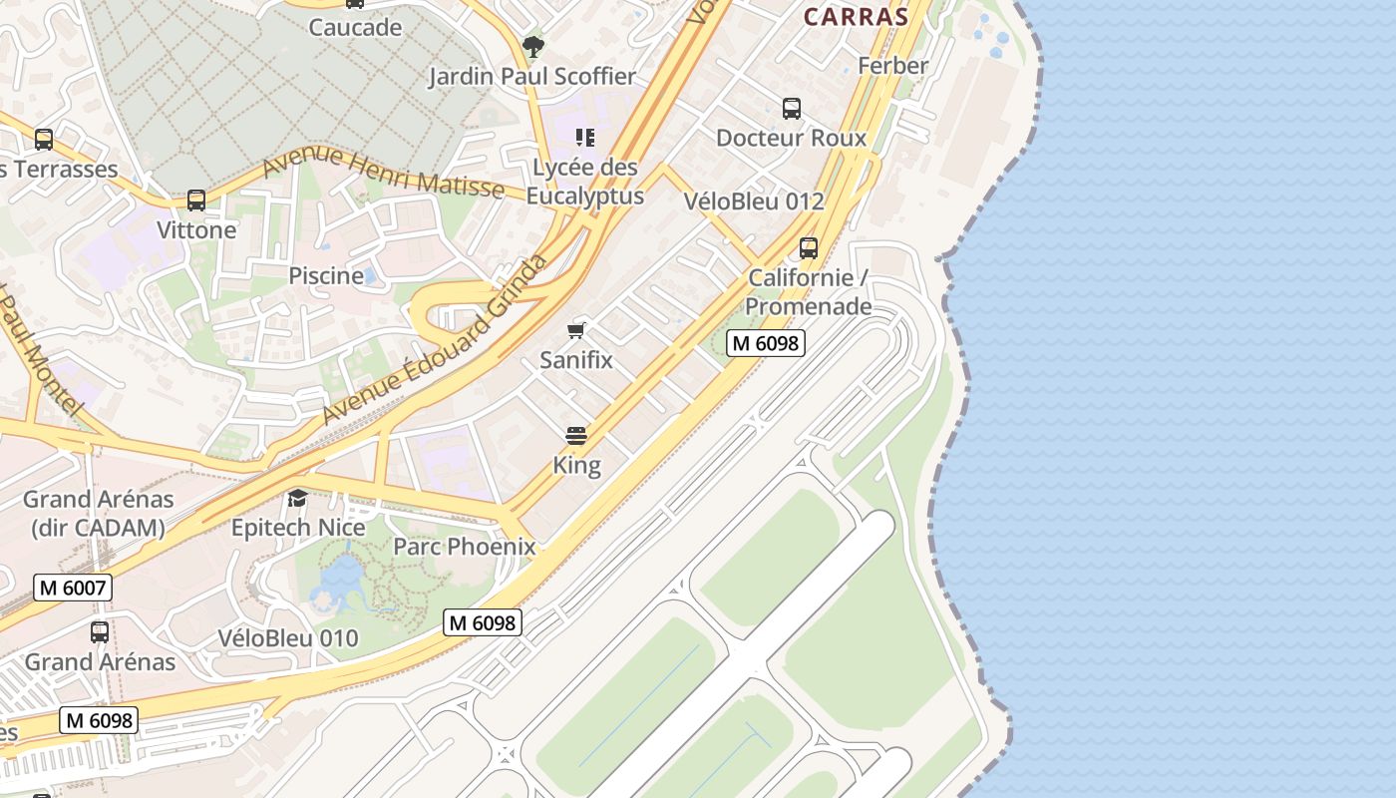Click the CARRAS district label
(856, 17)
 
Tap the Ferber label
(892, 66)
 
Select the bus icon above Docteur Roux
(792, 109)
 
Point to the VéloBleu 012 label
(754, 201)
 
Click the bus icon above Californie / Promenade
(809, 247)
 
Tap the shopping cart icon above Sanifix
(576, 330)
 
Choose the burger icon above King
(576, 436)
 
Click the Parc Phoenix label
(464, 547)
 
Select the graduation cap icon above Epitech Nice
(298, 498)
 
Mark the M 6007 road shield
(73, 588)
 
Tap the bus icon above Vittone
(196, 200)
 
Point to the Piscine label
(326, 276)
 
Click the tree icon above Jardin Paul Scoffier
(533, 46)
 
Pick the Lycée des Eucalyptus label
(585, 182)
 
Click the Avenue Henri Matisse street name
(383, 172)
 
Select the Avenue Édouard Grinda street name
(436, 339)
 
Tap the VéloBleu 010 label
(288, 638)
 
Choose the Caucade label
(355, 28)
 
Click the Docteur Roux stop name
(792, 138)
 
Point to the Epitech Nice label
(298, 527)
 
